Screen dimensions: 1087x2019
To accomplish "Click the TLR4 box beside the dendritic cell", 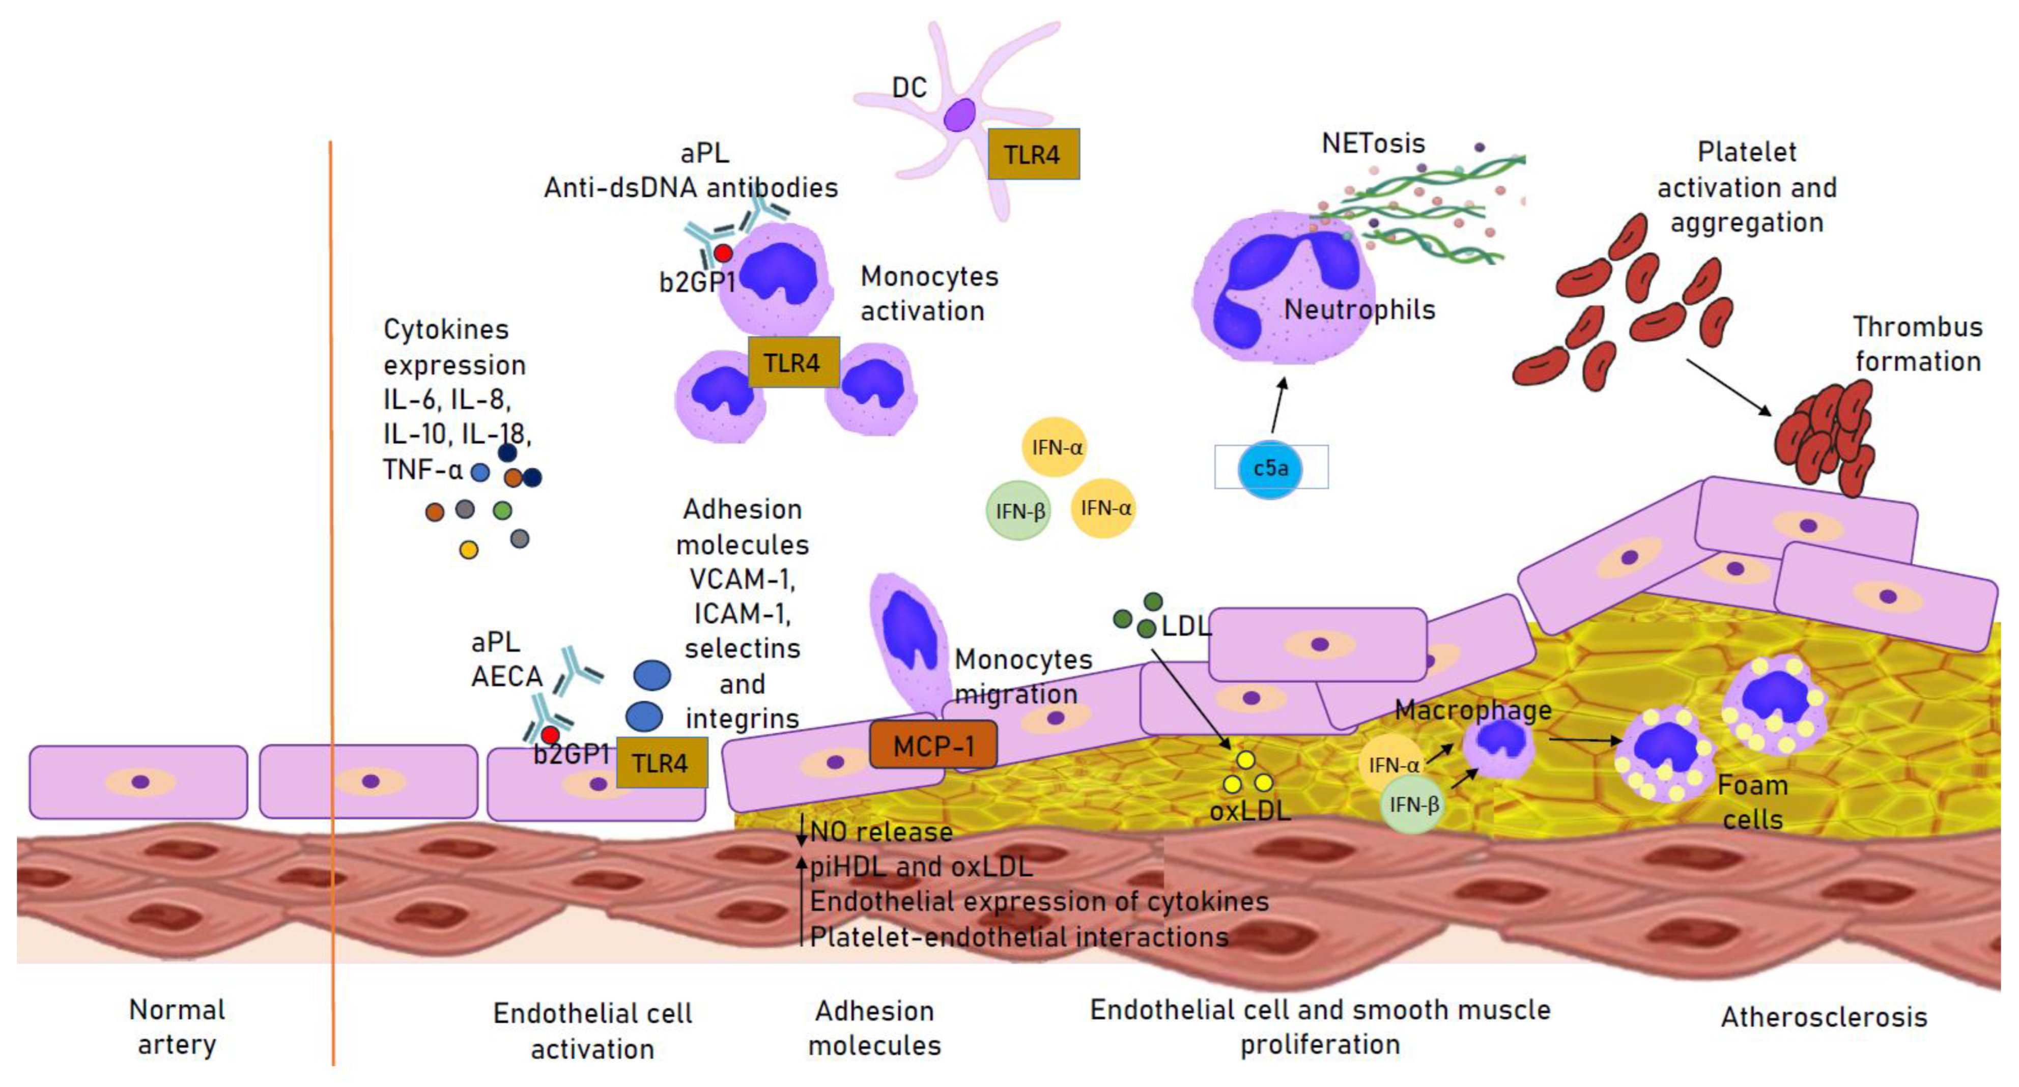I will (1033, 154).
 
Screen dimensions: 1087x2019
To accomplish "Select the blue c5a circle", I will (1270, 468).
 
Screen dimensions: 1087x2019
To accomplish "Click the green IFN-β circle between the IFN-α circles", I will (1018, 511).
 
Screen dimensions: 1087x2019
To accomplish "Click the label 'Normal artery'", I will (177, 1026).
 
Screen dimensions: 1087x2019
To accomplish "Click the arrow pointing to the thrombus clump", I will (1728, 387).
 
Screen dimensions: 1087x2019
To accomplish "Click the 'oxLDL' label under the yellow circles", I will (1249, 810).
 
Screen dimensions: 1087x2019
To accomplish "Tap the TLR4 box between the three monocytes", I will (793, 363).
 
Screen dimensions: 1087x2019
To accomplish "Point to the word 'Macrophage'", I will (1473, 709).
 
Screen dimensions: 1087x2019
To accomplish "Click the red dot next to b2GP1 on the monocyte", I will (723, 253).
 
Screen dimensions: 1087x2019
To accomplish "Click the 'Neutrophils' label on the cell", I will (1359, 309).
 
